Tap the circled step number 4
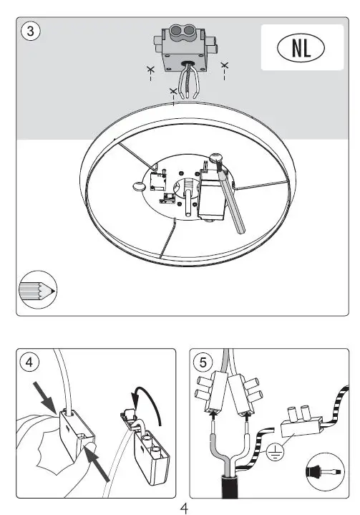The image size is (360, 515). [29, 362]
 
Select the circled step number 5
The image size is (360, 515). [203, 362]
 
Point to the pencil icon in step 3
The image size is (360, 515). [38, 289]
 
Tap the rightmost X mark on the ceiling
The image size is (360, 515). [225, 66]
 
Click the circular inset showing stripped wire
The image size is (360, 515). [319, 469]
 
